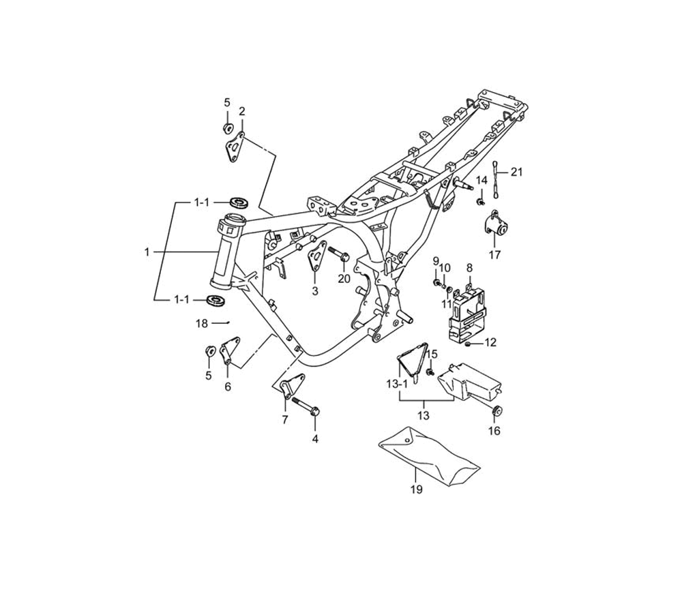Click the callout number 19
416,490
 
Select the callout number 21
516,172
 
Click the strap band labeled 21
495,179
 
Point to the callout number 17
495,255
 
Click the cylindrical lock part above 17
496,224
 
